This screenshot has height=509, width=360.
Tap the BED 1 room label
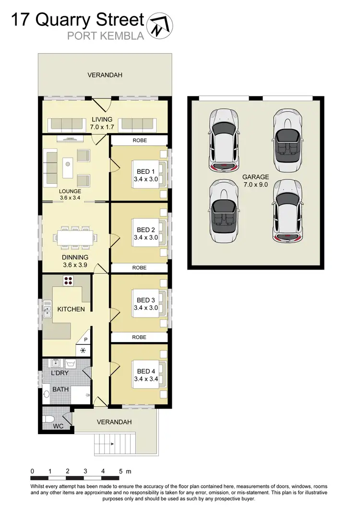[146, 176]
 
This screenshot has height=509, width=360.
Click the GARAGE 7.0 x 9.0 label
[255, 180]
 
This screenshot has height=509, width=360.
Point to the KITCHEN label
[71, 309]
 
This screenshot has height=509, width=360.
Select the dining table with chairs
[76, 237]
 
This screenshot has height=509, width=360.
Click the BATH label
[60, 389]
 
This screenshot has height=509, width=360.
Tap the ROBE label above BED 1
[139, 141]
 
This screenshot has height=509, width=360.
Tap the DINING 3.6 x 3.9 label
[74, 260]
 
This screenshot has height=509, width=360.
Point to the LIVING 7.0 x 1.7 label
[102, 123]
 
